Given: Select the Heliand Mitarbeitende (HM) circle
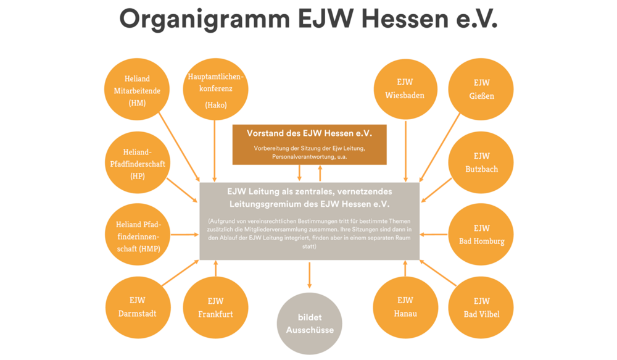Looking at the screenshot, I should tap(137, 90).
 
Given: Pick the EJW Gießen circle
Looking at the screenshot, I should tap(481, 89).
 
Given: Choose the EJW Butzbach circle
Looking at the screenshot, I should tap(481, 162).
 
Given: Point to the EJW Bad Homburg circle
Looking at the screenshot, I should tap(481, 235).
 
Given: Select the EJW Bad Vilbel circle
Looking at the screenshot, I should tap(481, 307).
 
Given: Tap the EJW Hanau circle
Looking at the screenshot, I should tap(405, 307).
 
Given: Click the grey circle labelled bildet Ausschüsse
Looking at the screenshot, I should tap(309, 324).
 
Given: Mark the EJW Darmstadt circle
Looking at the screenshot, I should tap(137, 307).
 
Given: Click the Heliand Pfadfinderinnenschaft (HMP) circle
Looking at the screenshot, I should tap(137, 235).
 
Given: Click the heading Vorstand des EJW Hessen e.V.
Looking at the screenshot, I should tap(309, 133).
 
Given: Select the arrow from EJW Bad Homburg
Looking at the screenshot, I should tap(434, 235).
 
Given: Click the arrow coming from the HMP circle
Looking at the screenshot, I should tap(184, 235).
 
